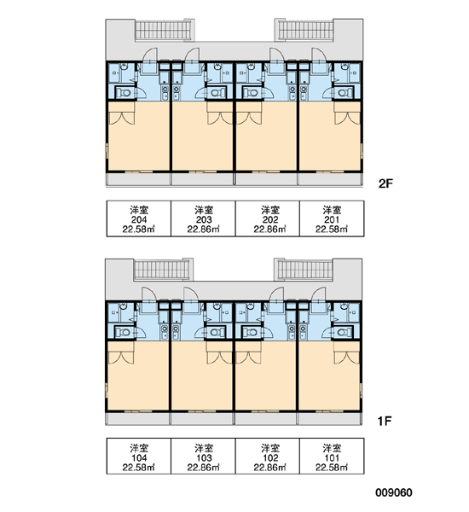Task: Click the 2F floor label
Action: point(385,183)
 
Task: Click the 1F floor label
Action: point(385,422)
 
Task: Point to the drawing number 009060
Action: point(394,492)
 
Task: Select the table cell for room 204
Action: point(139,218)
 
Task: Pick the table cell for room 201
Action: point(332,218)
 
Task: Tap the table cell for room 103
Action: point(203,456)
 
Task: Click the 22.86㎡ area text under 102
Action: point(270,468)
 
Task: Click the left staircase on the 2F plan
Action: point(163,31)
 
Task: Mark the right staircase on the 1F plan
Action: point(304,270)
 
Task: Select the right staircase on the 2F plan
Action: point(305,31)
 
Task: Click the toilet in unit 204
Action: point(124,93)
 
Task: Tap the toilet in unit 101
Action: point(343,333)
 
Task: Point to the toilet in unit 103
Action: point(216,333)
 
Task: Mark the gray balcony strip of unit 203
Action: point(203,179)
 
